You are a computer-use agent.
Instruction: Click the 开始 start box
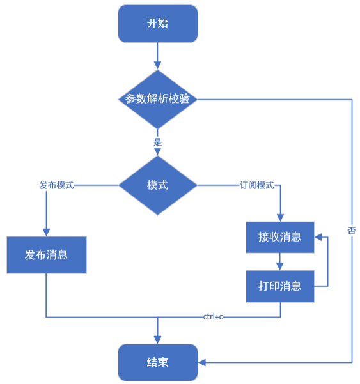click(157, 24)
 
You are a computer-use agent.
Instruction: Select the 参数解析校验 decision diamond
click(157, 99)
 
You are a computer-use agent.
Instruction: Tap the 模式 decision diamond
click(157, 185)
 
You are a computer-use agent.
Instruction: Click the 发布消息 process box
click(47, 255)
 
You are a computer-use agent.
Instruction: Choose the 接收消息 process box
click(280, 237)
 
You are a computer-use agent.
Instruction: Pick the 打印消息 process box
click(280, 286)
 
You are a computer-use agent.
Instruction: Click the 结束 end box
click(157, 362)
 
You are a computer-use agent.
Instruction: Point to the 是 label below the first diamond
click(157, 142)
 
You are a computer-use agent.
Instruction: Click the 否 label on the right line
click(352, 230)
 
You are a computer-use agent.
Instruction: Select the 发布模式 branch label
click(57, 185)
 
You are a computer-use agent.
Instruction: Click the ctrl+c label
click(213, 316)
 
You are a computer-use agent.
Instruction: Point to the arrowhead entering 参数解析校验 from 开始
click(157, 65)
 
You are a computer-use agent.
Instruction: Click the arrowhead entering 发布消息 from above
click(47, 233)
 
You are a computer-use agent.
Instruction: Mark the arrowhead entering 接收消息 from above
click(280, 218)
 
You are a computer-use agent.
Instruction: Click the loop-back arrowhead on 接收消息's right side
click(319, 237)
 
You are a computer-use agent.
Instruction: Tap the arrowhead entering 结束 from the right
click(201, 362)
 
